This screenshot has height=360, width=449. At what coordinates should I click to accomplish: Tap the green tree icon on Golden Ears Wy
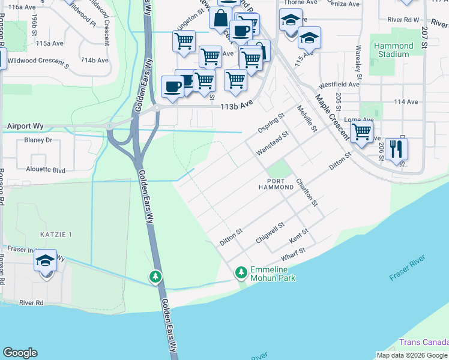(x=155, y=277)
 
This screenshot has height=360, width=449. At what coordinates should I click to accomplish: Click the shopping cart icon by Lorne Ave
(x=361, y=131)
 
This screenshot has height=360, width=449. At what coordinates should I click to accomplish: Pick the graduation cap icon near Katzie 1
(x=45, y=261)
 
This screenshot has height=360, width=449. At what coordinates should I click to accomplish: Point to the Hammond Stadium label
(x=393, y=50)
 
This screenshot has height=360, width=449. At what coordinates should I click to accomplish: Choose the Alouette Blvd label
(x=46, y=169)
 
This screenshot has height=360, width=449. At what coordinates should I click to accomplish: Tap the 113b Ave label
(x=237, y=104)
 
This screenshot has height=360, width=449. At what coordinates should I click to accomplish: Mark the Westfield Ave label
(x=339, y=85)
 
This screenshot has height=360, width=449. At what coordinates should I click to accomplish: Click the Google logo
(x=20, y=353)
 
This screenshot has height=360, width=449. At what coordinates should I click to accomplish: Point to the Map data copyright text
(x=411, y=355)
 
